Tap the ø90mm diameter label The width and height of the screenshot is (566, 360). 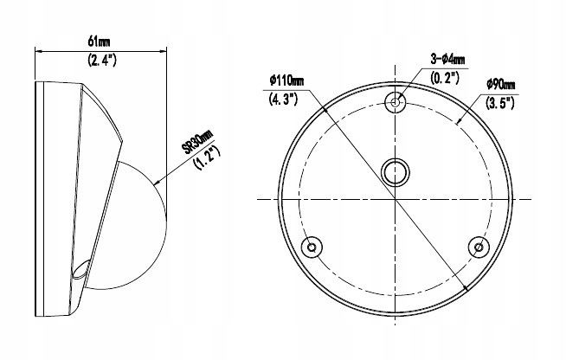pyautogui.click(x=500, y=84)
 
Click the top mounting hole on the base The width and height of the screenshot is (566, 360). pyautogui.click(x=396, y=102)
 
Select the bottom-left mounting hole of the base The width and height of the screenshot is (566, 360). pyautogui.click(x=311, y=247)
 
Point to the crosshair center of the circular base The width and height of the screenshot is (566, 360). pyautogui.click(x=396, y=199)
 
